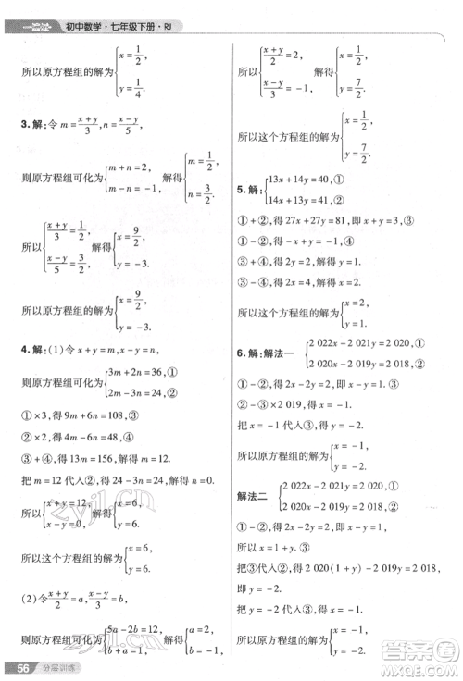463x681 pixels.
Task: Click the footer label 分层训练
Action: (x=56, y=668)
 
